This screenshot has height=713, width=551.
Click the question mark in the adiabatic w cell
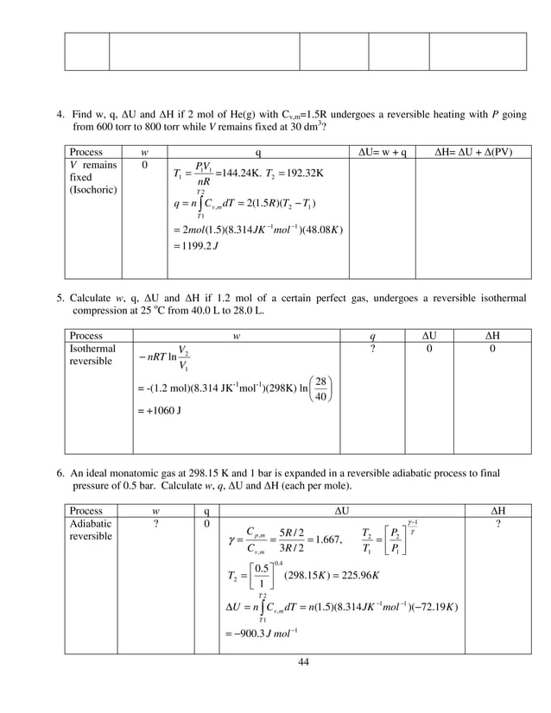point(158,523)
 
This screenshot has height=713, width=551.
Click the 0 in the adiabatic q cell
point(206,523)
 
